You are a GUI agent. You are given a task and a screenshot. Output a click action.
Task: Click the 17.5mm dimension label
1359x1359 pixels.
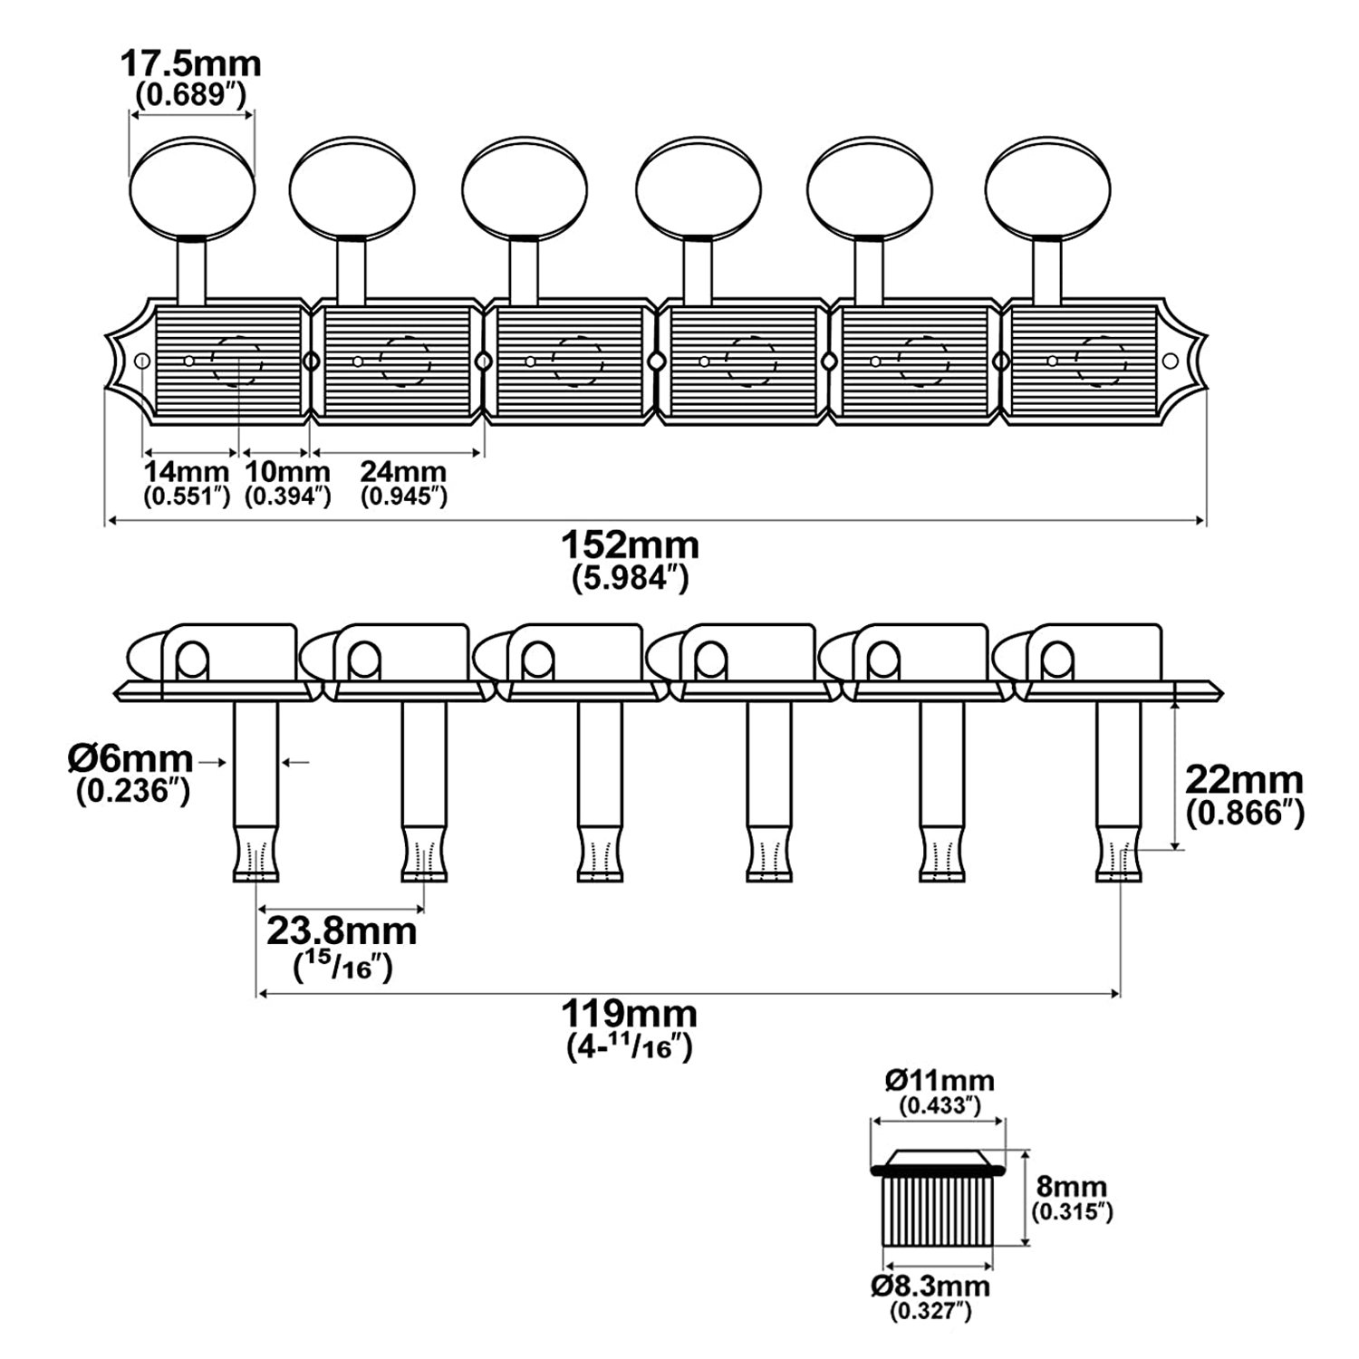pyautogui.click(x=191, y=64)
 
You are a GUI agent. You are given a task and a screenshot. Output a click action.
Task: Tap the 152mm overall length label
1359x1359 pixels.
pyautogui.click(x=631, y=545)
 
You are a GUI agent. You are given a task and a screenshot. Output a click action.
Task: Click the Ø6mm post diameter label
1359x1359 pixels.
pyautogui.click(x=130, y=757)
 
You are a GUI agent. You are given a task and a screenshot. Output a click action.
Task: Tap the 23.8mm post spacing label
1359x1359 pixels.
pyautogui.click(x=342, y=930)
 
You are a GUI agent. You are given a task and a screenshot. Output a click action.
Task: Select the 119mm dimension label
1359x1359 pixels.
pyautogui.click(x=630, y=1011)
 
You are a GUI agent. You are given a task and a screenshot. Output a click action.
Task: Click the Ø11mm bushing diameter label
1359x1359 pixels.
pyautogui.click(x=940, y=1080)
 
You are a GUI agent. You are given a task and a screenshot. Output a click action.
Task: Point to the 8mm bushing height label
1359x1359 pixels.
pyautogui.click(x=1071, y=1187)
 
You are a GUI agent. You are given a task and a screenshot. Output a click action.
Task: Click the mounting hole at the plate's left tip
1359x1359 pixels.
pyautogui.click(x=141, y=361)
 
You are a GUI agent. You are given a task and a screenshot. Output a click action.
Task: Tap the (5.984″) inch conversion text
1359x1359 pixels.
pyautogui.click(x=631, y=578)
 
